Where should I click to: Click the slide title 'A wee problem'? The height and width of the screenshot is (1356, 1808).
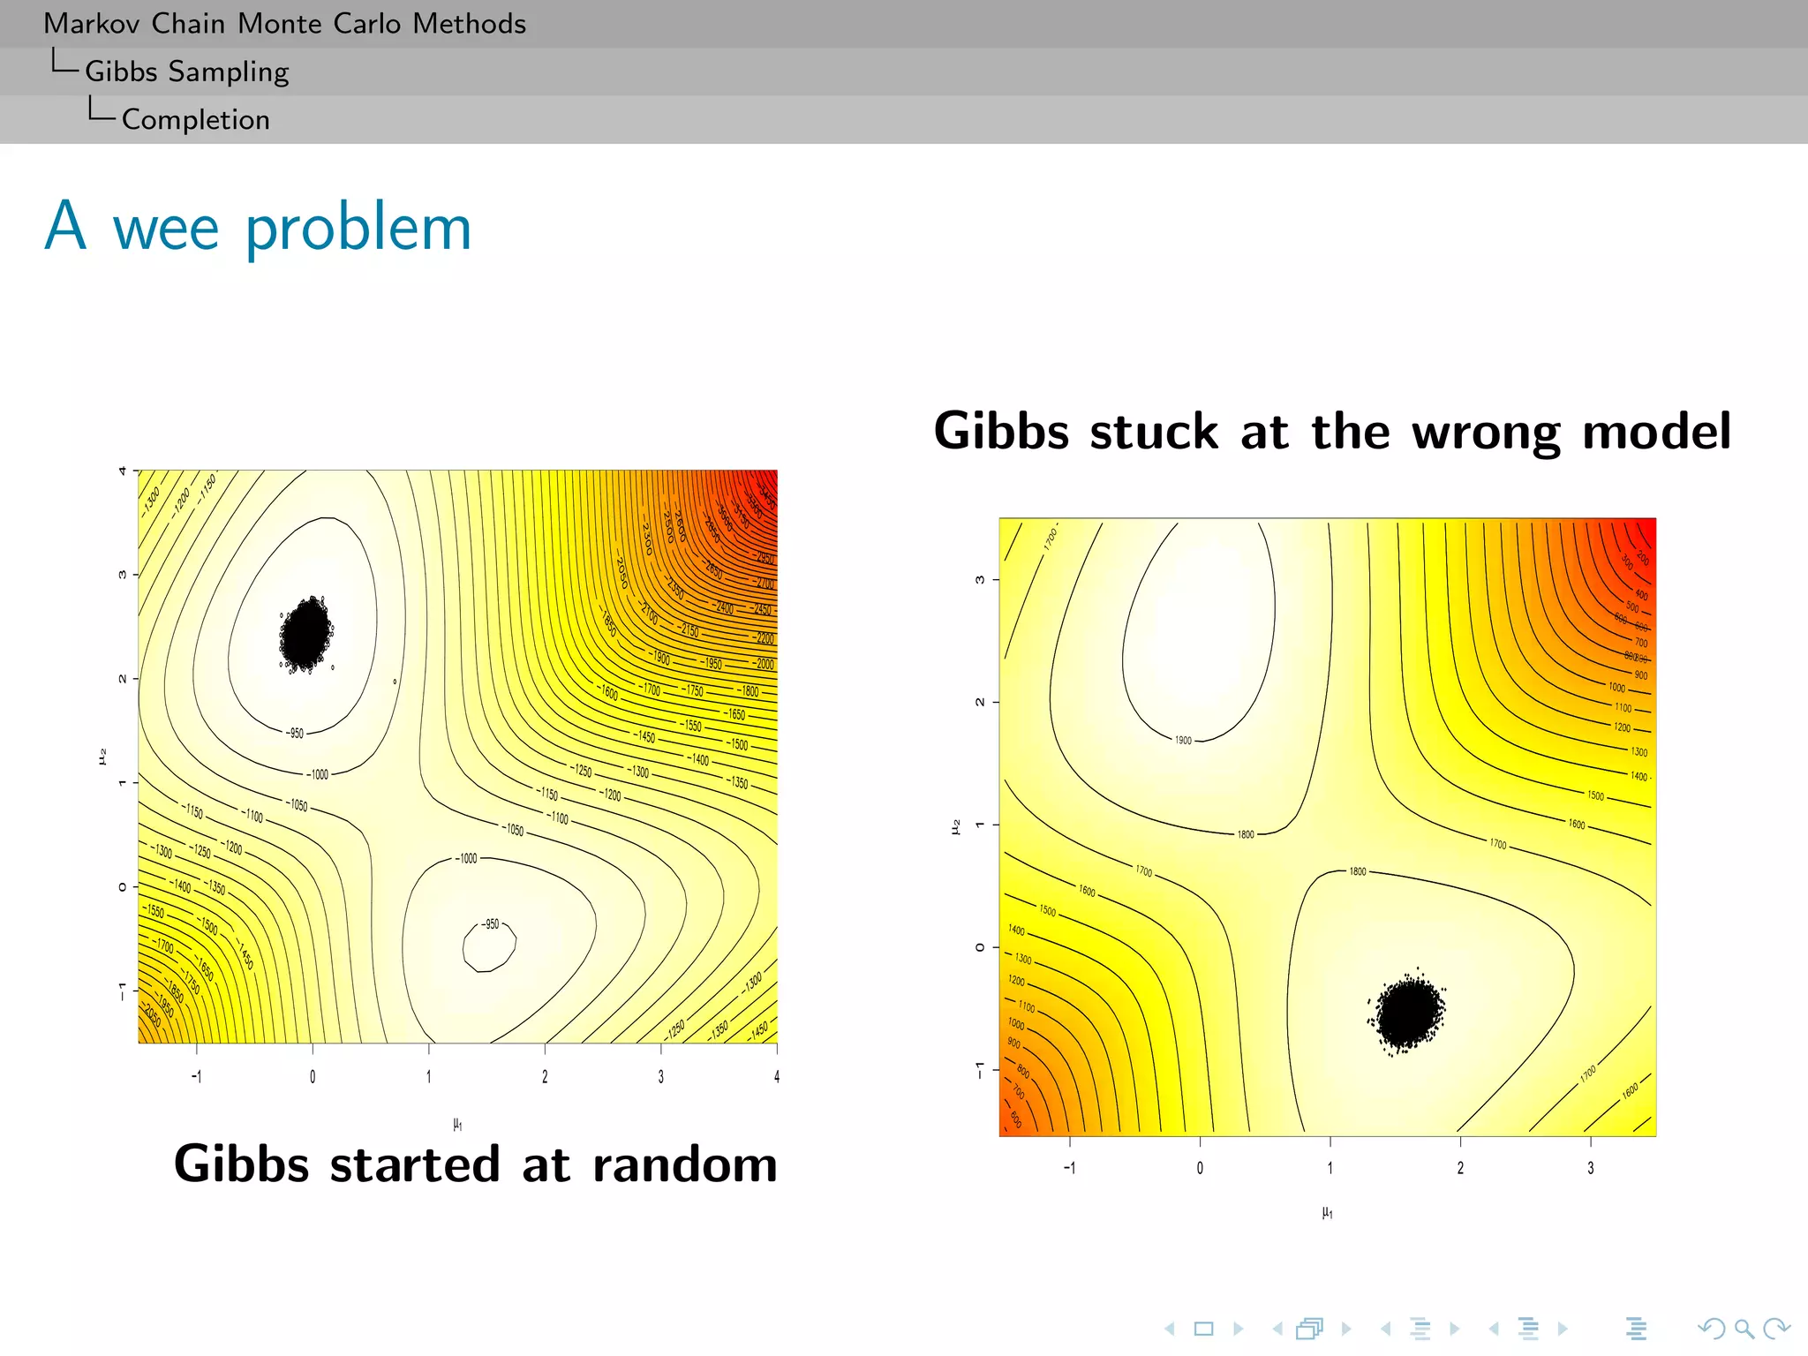pos(258,228)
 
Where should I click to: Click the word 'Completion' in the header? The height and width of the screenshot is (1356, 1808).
pos(195,119)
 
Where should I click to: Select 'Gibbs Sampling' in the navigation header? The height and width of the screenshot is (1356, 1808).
pos(186,72)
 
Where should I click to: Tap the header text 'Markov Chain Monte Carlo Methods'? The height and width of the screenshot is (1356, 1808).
pos(284,23)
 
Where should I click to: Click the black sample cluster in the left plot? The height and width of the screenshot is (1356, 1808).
pos(305,634)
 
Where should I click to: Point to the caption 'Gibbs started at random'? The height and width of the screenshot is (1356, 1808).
pos(475,1164)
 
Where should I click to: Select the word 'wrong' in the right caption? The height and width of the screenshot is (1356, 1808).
pos(1487,432)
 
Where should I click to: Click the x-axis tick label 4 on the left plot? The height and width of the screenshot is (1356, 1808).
pos(777,1076)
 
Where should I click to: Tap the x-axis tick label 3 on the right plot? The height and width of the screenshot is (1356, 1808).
pos(1591,1168)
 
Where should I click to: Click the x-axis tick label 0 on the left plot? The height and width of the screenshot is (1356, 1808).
pos(313,1076)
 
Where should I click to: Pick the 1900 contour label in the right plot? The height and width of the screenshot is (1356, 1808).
pos(1183,740)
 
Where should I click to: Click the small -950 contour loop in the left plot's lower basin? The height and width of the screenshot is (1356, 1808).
pos(489,945)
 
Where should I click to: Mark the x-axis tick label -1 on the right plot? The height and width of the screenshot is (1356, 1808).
pos(1069,1168)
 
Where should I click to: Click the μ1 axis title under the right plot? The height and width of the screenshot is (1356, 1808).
pos(1327,1213)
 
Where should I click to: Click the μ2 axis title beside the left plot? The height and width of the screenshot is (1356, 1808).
pos(102,757)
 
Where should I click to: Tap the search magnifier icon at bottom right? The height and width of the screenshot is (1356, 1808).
pos(1744,1328)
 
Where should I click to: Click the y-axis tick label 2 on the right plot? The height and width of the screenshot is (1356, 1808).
pos(980,702)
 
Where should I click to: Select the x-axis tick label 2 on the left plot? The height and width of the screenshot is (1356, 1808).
pos(545,1076)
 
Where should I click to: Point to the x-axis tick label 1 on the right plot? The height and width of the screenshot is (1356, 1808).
pos(1330,1168)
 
